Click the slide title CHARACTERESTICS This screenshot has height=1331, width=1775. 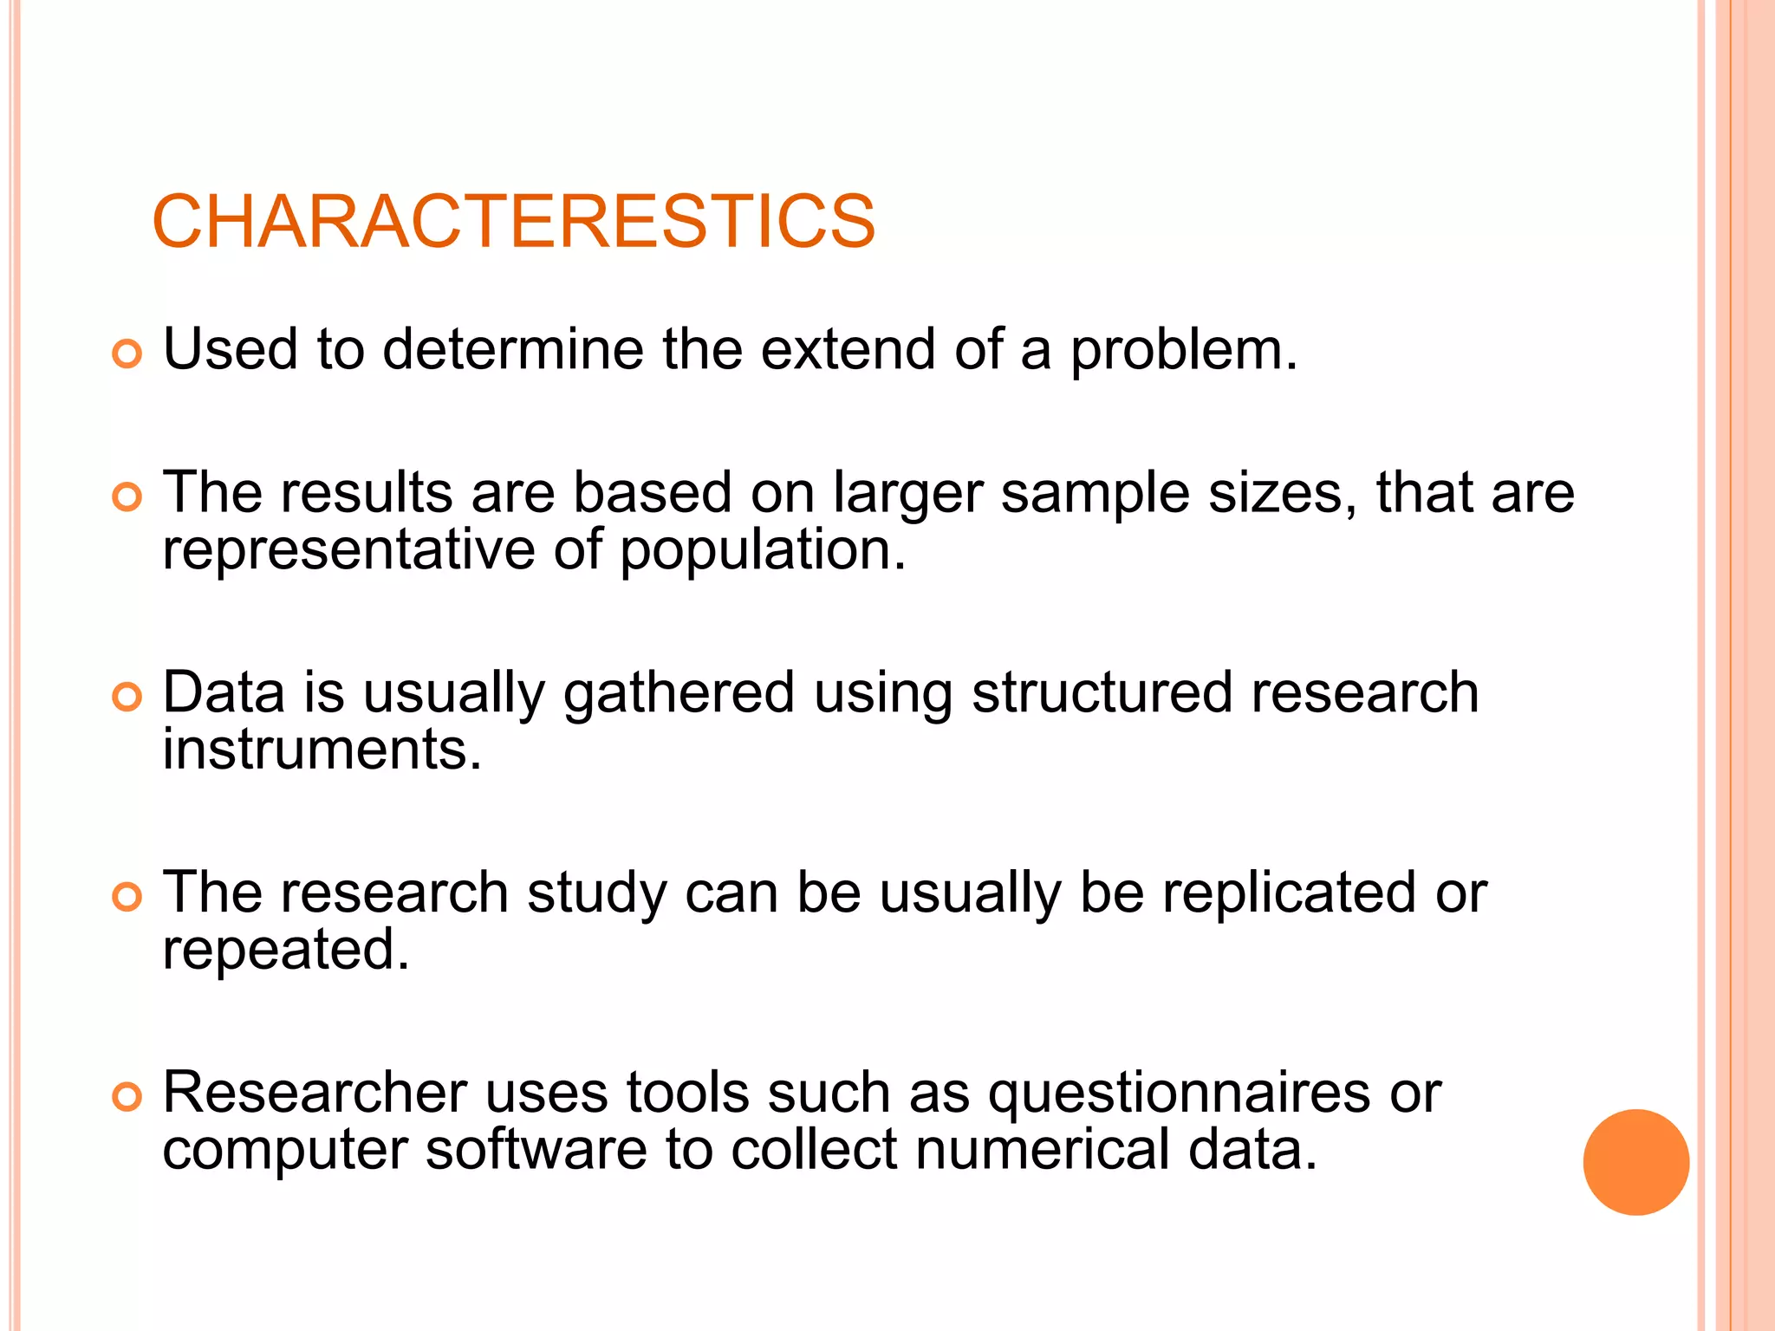513,222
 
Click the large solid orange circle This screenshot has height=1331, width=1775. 1635,1162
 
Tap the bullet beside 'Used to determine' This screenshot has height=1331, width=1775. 127,354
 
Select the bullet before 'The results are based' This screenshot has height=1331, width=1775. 127,497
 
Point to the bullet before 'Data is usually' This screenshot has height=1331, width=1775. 127,697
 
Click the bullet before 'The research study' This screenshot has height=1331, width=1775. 127,897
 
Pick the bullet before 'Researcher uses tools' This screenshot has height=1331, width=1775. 127,1097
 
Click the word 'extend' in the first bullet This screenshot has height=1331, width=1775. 848,349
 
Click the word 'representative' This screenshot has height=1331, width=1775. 348,549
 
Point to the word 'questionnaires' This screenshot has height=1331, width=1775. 1180,1094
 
